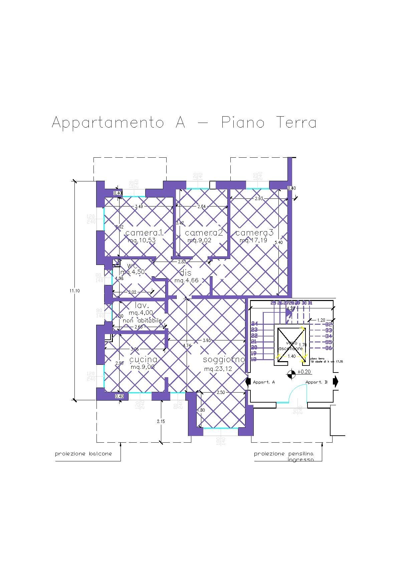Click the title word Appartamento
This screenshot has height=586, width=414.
(108, 123)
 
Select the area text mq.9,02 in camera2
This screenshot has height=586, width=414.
(199, 240)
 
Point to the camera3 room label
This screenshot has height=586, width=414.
(254, 233)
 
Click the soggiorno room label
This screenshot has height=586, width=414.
(224, 360)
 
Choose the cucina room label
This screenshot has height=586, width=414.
(143, 359)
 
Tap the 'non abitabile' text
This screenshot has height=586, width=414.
(142, 320)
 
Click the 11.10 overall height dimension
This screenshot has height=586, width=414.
(74, 291)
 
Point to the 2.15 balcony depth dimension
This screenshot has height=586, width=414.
(161, 421)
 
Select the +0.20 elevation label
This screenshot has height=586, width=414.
(304, 372)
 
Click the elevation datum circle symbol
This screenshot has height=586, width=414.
(291, 375)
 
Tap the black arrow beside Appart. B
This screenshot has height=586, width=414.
(336, 382)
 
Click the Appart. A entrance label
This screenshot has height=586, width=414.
(264, 382)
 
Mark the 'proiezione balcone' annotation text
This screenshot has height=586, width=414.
(83, 454)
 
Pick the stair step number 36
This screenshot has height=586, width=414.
(329, 348)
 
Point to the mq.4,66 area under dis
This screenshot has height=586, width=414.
(186, 280)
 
